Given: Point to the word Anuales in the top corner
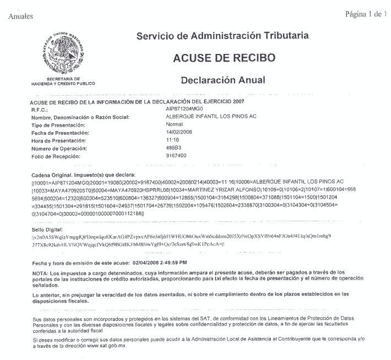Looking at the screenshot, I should [x=21, y=16].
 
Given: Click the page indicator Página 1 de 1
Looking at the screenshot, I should [x=366, y=13].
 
